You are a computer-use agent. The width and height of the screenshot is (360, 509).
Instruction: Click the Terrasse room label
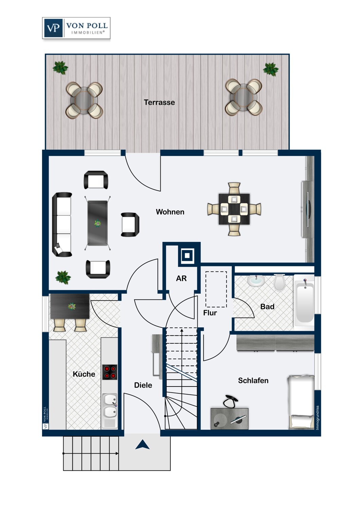(159, 102)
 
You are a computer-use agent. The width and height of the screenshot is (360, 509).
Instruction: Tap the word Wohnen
(170, 212)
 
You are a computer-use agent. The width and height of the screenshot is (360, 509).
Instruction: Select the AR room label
(181, 278)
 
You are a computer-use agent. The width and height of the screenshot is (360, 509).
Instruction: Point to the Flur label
(210, 313)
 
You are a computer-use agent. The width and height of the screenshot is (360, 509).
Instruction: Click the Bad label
(267, 306)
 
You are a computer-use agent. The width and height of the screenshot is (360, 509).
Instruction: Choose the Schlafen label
(253, 380)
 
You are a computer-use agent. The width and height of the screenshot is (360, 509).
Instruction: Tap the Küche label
(84, 374)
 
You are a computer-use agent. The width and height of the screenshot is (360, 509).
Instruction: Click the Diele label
(143, 385)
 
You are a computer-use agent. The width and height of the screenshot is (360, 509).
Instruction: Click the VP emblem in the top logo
(53, 28)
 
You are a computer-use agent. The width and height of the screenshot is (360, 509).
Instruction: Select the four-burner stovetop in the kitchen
(110, 372)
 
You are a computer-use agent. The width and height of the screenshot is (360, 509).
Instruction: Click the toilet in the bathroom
(280, 282)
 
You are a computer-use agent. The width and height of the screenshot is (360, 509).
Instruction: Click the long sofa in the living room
(62, 225)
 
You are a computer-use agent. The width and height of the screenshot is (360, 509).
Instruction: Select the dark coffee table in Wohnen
(97, 223)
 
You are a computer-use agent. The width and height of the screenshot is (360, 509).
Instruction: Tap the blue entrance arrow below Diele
(142, 445)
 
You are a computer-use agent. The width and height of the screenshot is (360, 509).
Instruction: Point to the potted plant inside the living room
(63, 277)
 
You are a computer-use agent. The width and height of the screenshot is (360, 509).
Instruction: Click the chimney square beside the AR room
(187, 256)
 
